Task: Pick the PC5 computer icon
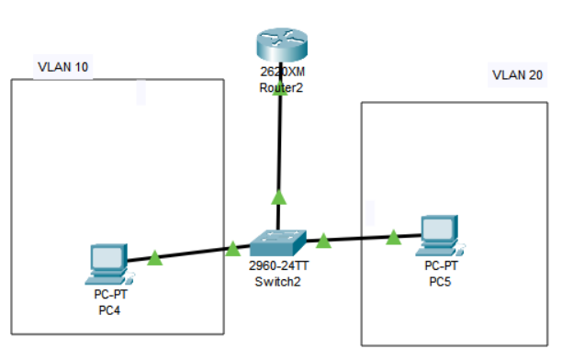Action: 437,236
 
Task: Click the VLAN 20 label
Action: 517,74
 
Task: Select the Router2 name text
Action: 281,88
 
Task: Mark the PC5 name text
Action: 441,279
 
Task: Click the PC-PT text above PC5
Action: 441,265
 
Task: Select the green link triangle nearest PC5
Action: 393,238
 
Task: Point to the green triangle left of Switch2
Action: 232,248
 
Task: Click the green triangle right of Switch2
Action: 323,242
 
